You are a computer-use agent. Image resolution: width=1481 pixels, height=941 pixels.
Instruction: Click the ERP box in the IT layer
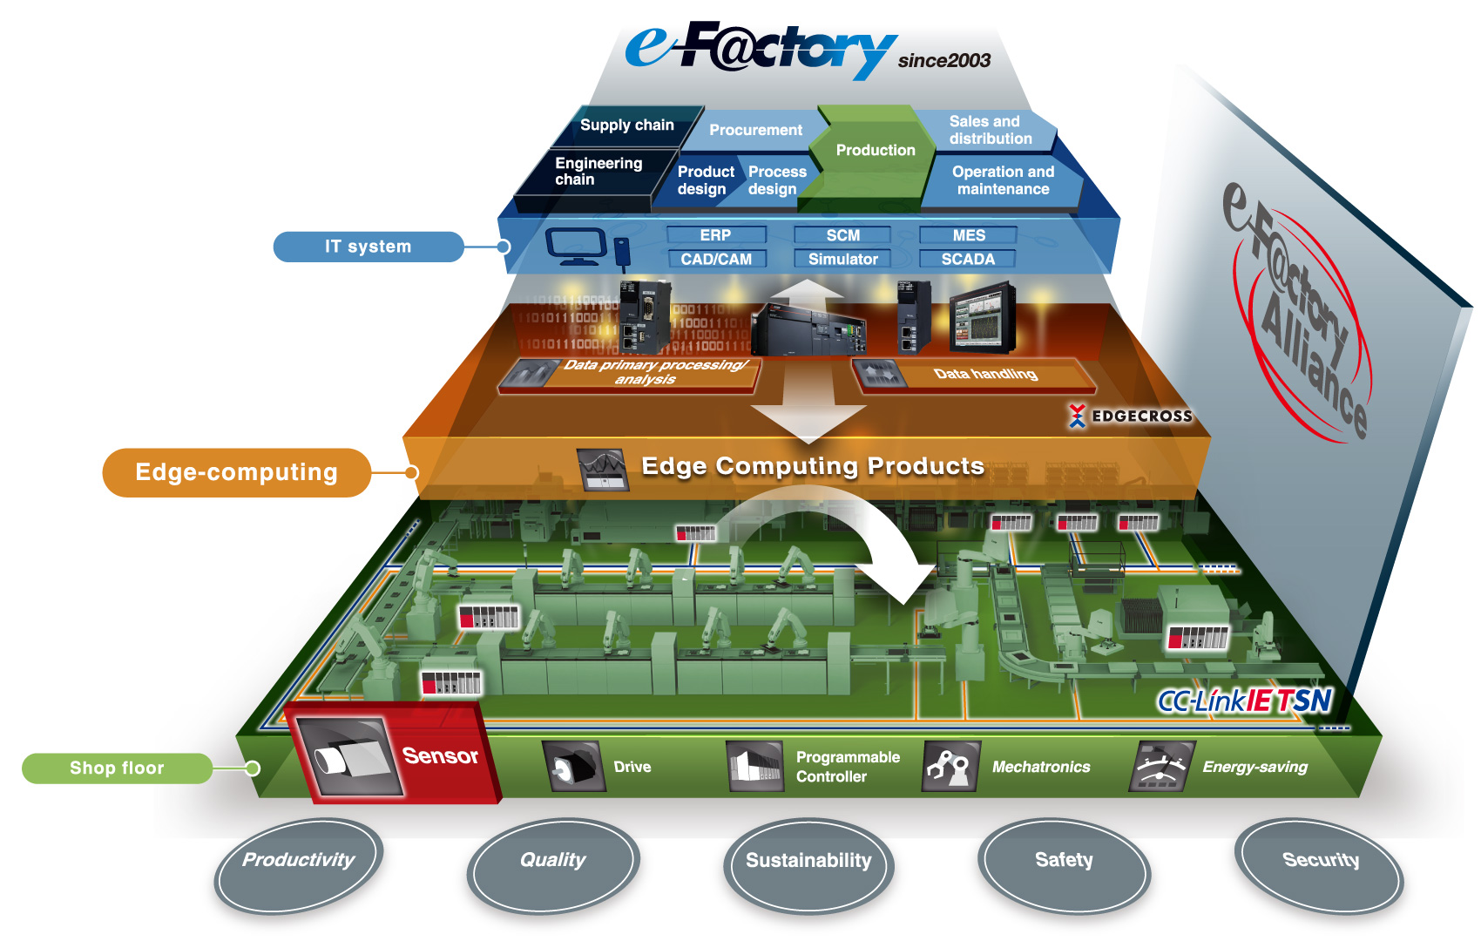715,235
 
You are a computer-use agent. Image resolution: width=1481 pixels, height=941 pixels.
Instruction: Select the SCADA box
968,259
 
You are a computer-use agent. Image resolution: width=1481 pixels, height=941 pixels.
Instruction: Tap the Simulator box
842,259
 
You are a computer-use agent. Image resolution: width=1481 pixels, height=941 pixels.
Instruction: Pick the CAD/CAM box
716,259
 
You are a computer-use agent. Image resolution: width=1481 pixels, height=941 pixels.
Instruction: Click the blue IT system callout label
368,247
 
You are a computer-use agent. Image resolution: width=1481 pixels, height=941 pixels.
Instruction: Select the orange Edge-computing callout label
236,472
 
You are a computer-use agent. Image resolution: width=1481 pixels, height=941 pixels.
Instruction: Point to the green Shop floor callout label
117,768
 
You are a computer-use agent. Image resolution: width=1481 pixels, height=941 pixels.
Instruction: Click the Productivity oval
298,863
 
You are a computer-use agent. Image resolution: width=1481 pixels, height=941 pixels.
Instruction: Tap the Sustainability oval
808,863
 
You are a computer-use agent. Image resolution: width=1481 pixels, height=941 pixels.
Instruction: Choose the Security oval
1320,863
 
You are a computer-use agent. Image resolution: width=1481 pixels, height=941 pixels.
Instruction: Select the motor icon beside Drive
573,767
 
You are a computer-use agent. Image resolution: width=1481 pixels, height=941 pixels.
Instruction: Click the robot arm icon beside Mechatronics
950,767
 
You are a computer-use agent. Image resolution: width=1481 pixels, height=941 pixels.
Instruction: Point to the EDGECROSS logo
1131,416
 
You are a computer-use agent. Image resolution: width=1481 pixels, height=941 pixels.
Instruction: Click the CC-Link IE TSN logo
1244,701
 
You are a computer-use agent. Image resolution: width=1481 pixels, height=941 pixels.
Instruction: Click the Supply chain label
627,125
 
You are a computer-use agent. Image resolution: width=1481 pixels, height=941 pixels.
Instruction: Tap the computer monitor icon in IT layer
575,246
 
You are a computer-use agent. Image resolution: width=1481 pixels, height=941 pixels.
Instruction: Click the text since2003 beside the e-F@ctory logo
943,61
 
